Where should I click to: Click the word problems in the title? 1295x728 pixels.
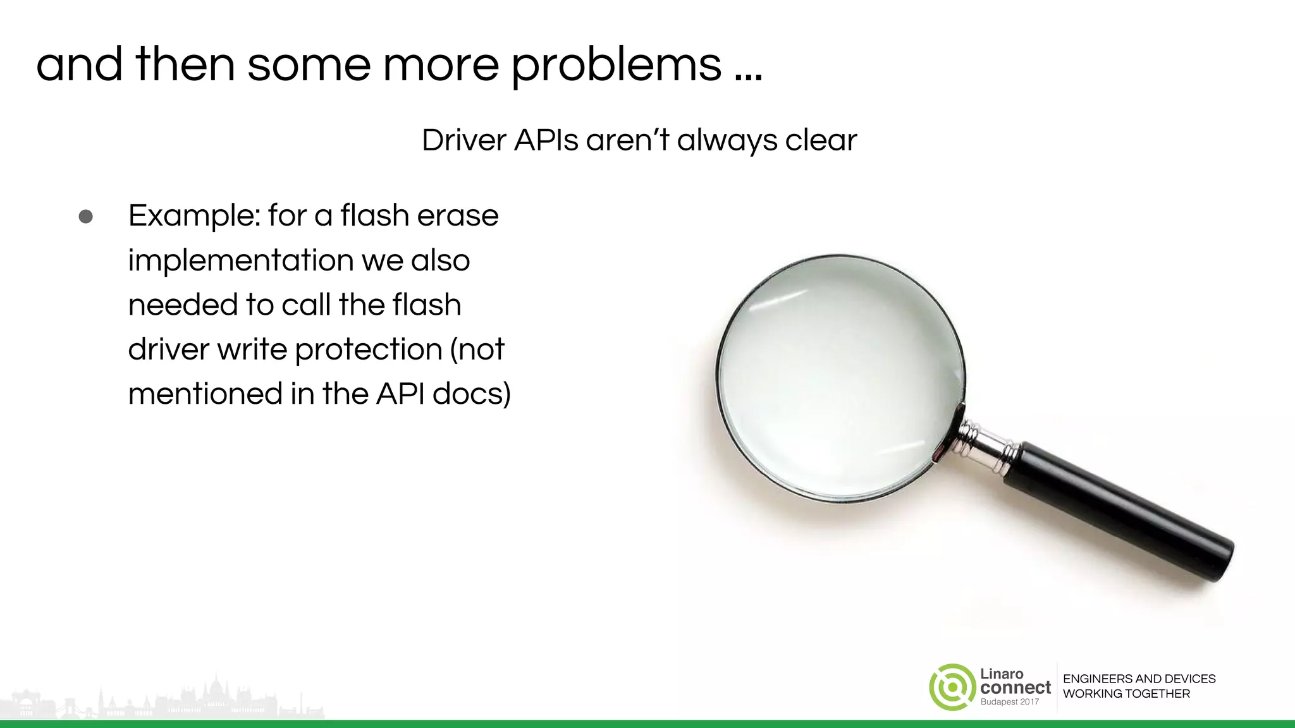point(616,65)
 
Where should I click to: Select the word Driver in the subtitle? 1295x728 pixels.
point(464,140)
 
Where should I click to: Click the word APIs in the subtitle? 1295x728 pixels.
point(546,140)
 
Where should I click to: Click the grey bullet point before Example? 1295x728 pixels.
point(86,217)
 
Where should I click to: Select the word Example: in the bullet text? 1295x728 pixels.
point(193,216)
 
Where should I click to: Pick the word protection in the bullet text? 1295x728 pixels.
point(368,349)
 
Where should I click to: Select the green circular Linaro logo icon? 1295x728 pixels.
point(952,687)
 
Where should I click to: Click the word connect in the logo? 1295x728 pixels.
point(1016,688)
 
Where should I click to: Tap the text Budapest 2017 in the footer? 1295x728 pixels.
point(1009,702)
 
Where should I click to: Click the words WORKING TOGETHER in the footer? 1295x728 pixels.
point(1126,694)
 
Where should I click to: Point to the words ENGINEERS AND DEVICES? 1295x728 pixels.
point(1139,679)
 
